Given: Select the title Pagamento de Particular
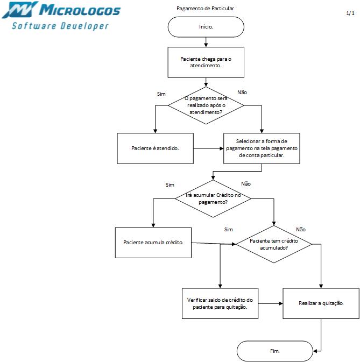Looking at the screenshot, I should (x=206, y=9).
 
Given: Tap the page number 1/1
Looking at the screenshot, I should (x=350, y=13).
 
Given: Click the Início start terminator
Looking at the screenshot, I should (x=206, y=27).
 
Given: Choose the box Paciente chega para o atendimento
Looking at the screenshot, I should (x=206, y=62).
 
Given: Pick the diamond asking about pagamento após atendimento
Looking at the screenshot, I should (x=206, y=105).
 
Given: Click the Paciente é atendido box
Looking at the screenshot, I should (x=155, y=148).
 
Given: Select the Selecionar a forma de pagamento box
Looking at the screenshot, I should (x=262, y=148).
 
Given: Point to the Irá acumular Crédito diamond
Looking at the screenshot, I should (x=213, y=199).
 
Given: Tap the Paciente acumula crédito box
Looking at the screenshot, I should (x=153, y=243).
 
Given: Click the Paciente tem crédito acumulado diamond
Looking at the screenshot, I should (x=274, y=244).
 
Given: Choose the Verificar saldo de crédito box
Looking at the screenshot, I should (x=220, y=303).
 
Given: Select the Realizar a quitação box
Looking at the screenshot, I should (x=321, y=303).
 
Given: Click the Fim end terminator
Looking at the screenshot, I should (x=274, y=351).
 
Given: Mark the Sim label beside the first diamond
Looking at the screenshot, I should (x=161, y=94).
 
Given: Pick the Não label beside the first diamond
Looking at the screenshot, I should (x=242, y=93).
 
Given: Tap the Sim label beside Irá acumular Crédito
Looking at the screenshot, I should (x=170, y=185).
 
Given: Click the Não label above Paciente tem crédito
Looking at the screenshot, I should (x=301, y=230).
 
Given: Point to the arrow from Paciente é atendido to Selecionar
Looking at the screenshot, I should (x=208, y=148).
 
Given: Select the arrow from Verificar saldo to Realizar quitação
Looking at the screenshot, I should (x=271, y=303).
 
